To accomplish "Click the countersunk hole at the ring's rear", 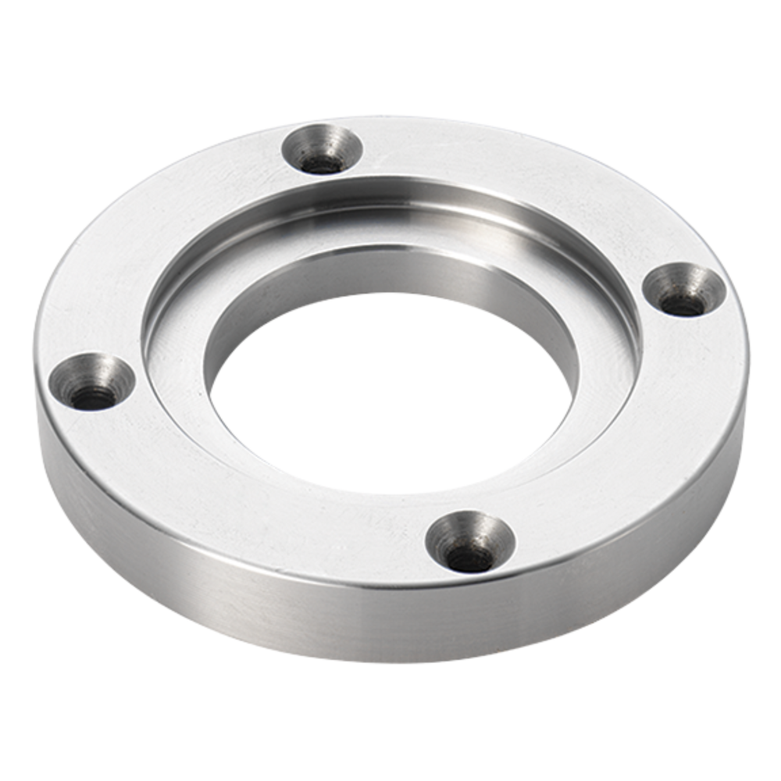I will [x=323, y=149].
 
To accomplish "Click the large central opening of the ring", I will [x=390, y=390].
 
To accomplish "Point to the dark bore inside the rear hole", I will [x=322, y=163].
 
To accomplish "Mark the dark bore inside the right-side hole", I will [x=681, y=304].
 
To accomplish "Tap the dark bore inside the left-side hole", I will [x=93, y=398].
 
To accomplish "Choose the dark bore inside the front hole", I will [x=469, y=558].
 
